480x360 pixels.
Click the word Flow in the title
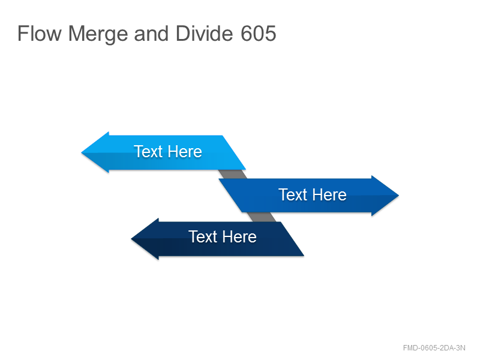(x=40, y=34)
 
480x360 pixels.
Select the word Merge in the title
(x=98, y=34)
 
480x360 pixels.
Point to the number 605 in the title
(x=259, y=34)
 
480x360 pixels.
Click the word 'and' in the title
(x=151, y=34)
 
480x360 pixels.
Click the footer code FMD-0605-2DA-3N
(x=434, y=348)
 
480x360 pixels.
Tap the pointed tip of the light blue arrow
(x=82, y=152)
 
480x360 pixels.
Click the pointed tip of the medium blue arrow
(x=398, y=196)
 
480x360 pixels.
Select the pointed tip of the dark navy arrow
(x=131, y=239)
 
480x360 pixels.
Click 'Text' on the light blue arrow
(x=148, y=152)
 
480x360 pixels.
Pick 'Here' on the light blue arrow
(x=185, y=152)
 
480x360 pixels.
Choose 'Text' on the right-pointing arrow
(x=293, y=194)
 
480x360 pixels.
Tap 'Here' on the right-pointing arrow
(x=329, y=194)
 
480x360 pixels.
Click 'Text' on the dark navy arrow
(x=203, y=236)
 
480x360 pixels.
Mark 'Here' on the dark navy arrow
(x=239, y=236)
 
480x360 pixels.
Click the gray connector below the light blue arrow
(x=233, y=174)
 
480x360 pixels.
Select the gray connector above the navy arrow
(x=262, y=217)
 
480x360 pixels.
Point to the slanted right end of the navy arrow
(x=292, y=239)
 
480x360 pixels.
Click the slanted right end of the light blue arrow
(x=234, y=152)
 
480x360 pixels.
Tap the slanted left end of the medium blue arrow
(x=230, y=196)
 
